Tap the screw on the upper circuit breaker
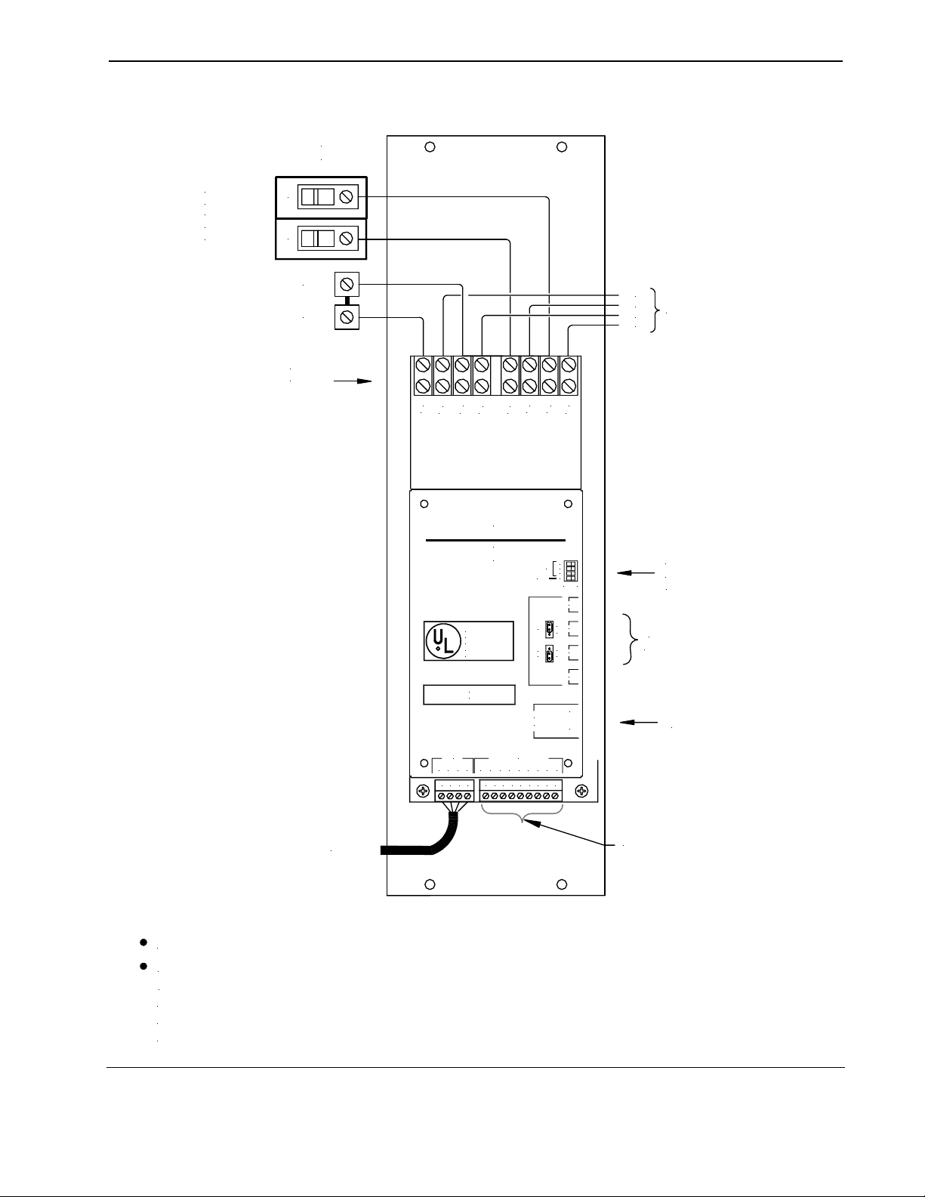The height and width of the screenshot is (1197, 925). coord(347,197)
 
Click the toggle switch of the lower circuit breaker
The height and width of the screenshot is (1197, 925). coord(317,239)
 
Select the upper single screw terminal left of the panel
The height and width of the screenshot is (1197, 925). coord(347,285)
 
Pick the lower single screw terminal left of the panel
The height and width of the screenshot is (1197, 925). coord(347,317)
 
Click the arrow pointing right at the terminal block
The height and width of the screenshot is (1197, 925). coord(354,382)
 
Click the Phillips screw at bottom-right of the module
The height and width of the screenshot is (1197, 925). coord(581,791)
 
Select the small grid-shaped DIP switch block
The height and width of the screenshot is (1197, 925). coord(571,572)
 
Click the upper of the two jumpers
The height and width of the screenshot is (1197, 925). coord(549,628)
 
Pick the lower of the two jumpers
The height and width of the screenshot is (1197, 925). coord(549,654)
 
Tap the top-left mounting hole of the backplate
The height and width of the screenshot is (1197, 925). coord(429,147)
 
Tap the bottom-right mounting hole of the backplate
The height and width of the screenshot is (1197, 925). coord(562,885)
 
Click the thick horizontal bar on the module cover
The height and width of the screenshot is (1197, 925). coord(495,540)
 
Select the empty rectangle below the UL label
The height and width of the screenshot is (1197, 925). coord(469,694)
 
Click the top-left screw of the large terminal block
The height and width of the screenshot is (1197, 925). coord(423,366)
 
